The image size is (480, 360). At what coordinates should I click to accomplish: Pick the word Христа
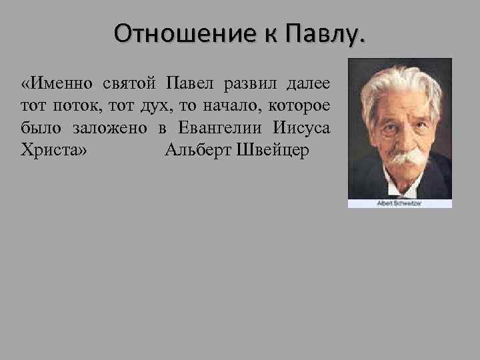(53, 149)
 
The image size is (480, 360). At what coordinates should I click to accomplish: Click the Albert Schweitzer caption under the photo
(399, 203)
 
